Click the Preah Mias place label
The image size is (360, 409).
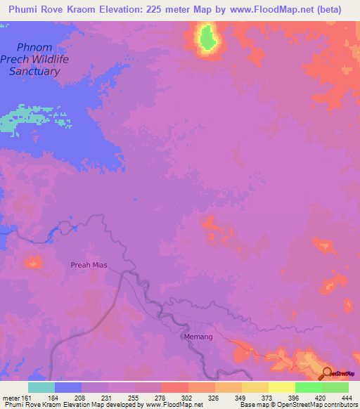click(88, 265)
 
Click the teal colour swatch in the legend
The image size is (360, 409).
click(41, 387)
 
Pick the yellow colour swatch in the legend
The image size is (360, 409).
click(281, 387)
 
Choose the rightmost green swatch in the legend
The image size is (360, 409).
click(335, 387)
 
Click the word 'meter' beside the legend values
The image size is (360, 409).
click(10, 398)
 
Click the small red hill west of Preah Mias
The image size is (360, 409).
click(32, 262)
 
